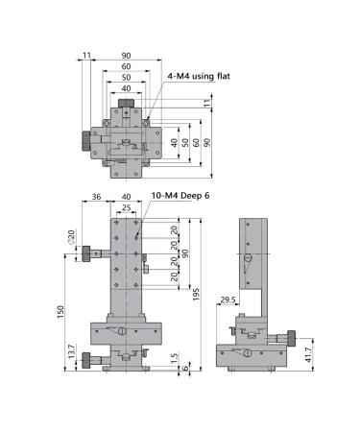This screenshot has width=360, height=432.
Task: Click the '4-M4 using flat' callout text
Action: pyautogui.click(x=199, y=76)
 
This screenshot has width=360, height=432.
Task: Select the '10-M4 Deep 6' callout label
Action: pyautogui.click(x=180, y=196)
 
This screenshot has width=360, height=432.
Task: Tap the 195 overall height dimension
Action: pyautogui.click(x=196, y=294)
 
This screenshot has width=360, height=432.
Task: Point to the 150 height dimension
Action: pyautogui.click(x=60, y=312)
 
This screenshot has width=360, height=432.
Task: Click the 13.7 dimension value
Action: pyautogui.click(x=72, y=351)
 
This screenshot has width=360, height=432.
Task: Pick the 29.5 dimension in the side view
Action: pyautogui.click(x=228, y=300)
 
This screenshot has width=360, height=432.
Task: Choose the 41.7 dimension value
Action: pyautogui.click(x=308, y=355)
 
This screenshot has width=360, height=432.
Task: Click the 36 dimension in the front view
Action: pyautogui.click(x=96, y=197)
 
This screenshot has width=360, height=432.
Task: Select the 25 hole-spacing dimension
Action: pyautogui.click(x=127, y=207)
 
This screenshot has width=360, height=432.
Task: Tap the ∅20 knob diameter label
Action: pyautogui.click(x=71, y=237)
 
